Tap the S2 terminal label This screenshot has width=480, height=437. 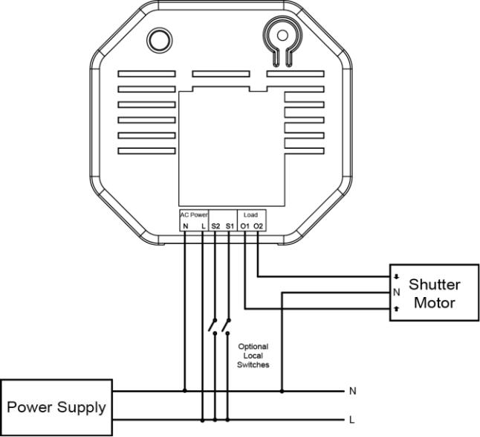coord(215,226)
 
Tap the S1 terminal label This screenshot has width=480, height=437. coord(230,226)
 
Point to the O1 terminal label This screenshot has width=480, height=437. coord(245,226)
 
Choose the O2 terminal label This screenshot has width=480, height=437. coord(259,226)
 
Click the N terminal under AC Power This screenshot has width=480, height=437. coord(185,226)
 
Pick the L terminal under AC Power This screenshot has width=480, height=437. coord(204,226)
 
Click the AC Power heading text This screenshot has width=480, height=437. coord(193,215)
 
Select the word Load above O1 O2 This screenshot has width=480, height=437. coord(250,215)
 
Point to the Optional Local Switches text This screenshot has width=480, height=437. coord(253,356)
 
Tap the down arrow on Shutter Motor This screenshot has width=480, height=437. coord(397,277)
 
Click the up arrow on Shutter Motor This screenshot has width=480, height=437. coord(397,309)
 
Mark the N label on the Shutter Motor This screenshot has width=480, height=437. coord(397,293)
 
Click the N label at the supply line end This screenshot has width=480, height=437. coord(353,391)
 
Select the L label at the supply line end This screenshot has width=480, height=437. coord(352,420)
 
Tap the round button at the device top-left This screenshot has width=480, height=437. coord(160,40)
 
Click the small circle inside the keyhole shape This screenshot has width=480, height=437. coord(282,36)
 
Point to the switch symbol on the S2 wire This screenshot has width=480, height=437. coord(213,326)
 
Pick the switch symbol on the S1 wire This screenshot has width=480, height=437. coord(227,326)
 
